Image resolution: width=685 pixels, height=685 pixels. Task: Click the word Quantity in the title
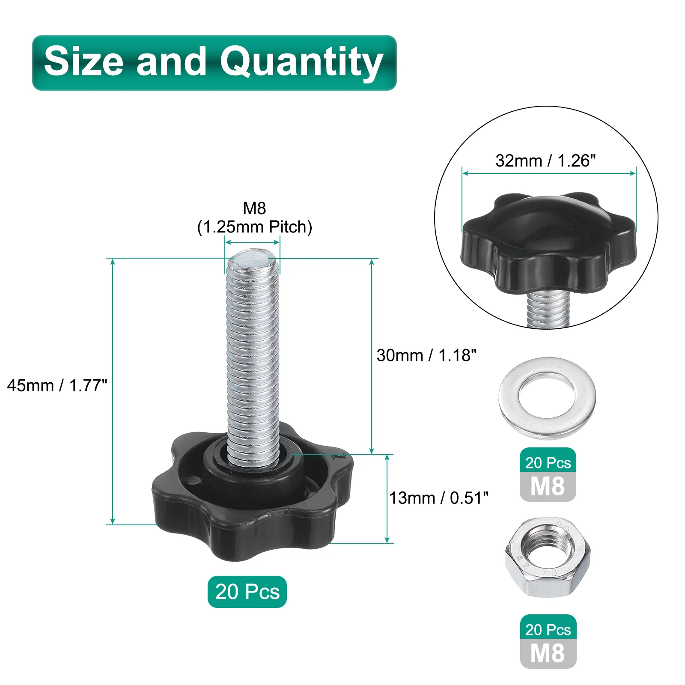pos(301,63)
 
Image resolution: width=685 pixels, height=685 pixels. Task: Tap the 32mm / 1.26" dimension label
pos(545,161)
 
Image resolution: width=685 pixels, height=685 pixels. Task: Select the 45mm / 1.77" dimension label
pos(57,385)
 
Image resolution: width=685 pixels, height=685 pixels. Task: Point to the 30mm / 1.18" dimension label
pos(426,355)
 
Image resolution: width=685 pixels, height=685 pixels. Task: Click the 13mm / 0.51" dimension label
pos(439,498)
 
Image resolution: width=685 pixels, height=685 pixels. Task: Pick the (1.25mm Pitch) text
pos(254,227)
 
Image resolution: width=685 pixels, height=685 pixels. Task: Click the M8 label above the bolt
pos(254,208)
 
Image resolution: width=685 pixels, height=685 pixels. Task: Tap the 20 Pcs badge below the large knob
pos(247,592)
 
